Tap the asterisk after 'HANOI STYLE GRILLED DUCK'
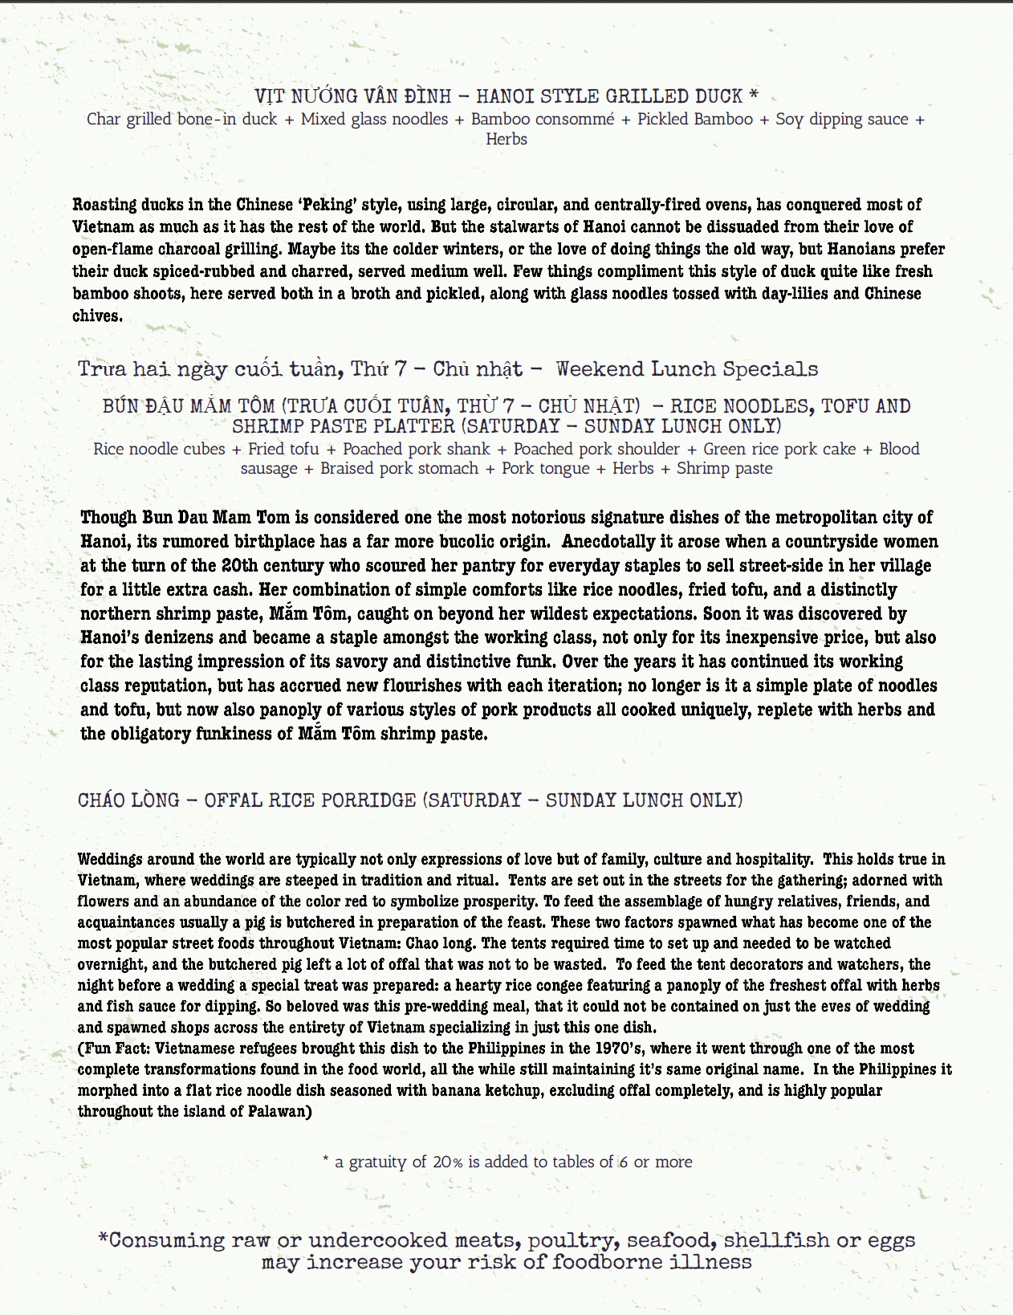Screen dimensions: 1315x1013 753,96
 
